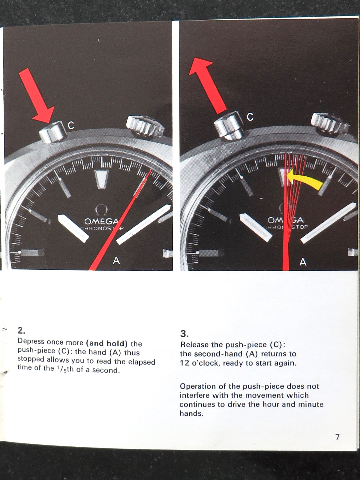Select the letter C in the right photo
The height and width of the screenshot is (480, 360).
click(250, 117)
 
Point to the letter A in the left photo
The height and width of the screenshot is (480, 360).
click(116, 260)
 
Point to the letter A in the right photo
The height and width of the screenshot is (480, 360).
click(303, 262)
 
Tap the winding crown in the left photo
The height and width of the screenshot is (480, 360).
click(145, 126)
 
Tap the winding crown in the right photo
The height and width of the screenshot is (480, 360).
click(329, 124)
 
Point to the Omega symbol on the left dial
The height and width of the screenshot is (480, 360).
click(101, 210)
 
